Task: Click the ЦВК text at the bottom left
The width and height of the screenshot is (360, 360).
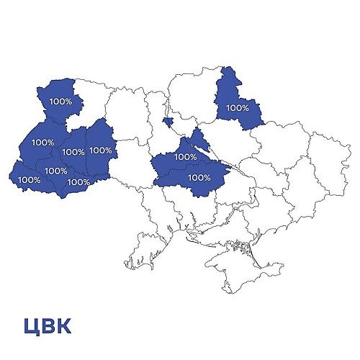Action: [x=47, y=326]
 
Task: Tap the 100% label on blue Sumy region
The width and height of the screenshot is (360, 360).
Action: [x=237, y=108]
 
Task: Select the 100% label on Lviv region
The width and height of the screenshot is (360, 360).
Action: [x=42, y=142]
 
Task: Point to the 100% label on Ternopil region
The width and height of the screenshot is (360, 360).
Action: [x=73, y=152]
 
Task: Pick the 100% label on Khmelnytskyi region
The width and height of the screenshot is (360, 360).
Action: [x=101, y=150]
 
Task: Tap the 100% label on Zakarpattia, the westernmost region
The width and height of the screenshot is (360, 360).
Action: [x=29, y=179]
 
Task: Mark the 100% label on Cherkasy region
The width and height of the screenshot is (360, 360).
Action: [x=185, y=156]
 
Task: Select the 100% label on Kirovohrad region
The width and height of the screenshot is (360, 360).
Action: [x=199, y=176]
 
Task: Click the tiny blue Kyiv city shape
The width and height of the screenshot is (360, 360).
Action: [x=167, y=121]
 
